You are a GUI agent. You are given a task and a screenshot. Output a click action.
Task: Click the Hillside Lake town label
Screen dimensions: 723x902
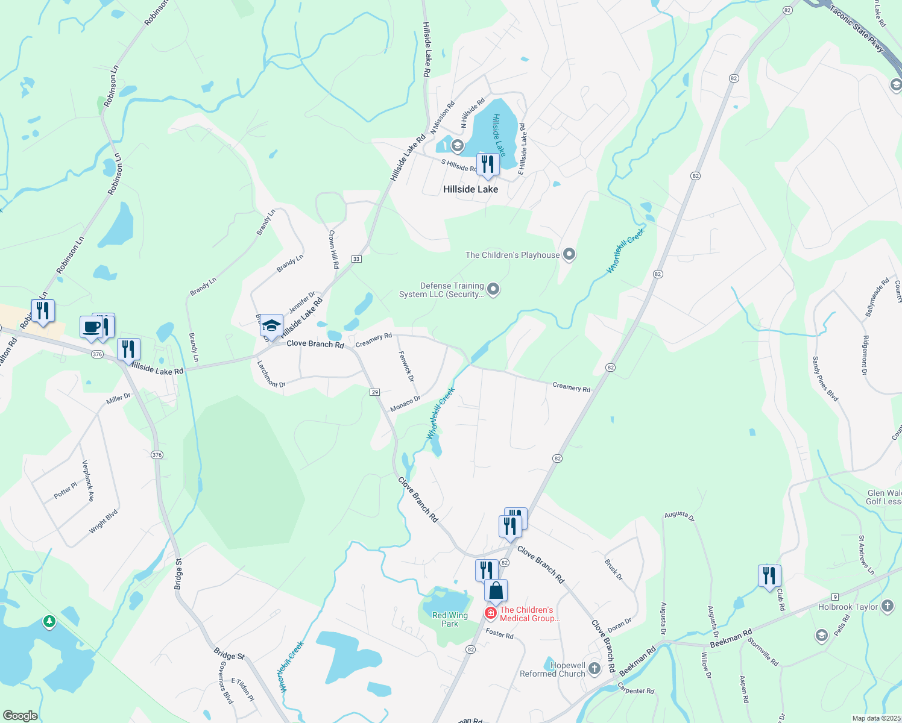pyautogui.click(x=470, y=189)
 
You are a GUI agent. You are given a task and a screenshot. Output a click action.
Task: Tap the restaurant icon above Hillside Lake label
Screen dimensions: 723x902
pyautogui.click(x=488, y=164)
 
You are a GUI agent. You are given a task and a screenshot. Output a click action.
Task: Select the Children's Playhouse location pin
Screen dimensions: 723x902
pyautogui.click(x=569, y=254)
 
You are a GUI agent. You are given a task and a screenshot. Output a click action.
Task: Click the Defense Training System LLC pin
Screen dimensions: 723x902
pyautogui.click(x=493, y=290)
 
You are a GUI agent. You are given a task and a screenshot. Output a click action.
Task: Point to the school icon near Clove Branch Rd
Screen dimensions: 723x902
pyautogui.click(x=271, y=326)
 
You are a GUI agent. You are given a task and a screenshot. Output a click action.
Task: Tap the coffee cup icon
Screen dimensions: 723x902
pyautogui.click(x=92, y=327)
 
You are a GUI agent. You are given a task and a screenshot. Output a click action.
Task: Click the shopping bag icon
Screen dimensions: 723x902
pyautogui.click(x=496, y=590)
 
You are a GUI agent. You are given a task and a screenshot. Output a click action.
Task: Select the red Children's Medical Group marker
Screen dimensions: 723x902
pyautogui.click(x=491, y=613)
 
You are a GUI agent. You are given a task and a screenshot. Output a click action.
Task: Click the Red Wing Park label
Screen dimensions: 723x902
pyautogui.click(x=450, y=619)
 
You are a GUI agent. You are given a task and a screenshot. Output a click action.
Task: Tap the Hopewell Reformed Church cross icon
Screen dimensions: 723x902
pyautogui.click(x=594, y=668)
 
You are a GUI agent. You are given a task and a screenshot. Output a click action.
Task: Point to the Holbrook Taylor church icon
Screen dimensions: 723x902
pyautogui.click(x=888, y=606)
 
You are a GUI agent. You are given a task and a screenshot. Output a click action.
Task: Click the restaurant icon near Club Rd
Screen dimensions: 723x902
pyautogui.click(x=769, y=575)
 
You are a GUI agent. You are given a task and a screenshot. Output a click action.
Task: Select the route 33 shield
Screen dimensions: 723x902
pyautogui.click(x=356, y=259)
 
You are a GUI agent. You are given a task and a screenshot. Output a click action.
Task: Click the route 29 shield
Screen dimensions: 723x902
pyautogui.click(x=374, y=392)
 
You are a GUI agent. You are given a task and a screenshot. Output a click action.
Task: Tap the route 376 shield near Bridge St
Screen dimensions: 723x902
pyautogui.click(x=157, y=455)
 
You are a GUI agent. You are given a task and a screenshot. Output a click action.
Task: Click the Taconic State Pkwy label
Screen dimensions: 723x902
pyautogui.click(x=857, y=29)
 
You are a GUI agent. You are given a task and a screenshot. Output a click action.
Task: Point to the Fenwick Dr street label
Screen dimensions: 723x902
pyautogui.click(x=406, y=366)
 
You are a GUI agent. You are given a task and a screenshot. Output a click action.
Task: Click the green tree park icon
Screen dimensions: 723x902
pyautogui.click(x=49, y=621)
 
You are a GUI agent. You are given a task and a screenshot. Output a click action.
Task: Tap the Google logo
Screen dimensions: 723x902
pyautogui.click(x=20, y=716)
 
